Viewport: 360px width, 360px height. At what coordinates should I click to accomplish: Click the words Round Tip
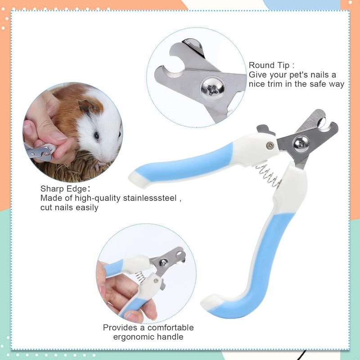click(x=269, y=65)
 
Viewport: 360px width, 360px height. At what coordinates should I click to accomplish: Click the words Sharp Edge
click(x=63, y=189)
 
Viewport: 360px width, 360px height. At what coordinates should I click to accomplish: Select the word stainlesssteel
click(x=150, y=198)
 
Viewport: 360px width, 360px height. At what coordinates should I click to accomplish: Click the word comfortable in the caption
click(x=171, y=328)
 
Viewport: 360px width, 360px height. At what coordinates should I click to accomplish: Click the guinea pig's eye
click(x=96, y=136)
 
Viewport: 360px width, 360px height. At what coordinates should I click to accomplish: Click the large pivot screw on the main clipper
click(x=301, y=144)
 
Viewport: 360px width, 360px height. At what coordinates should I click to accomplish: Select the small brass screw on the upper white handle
click(x=270, y=145)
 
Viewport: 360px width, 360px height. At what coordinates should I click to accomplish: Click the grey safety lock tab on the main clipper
click(x=265, y=130)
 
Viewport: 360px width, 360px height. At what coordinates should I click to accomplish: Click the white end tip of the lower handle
click(x=211, y=301)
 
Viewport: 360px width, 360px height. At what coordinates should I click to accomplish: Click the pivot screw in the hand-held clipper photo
click(x=163, y=262)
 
